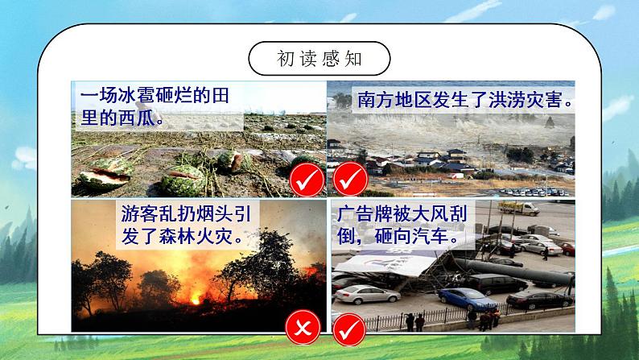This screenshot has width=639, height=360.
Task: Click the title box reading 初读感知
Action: click(319, 59)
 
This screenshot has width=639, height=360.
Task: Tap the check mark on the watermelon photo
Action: click(307, 178)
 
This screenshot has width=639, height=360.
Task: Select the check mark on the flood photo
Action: click(349, 178)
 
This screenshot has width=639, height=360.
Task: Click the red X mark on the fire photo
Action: click(301, 329)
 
